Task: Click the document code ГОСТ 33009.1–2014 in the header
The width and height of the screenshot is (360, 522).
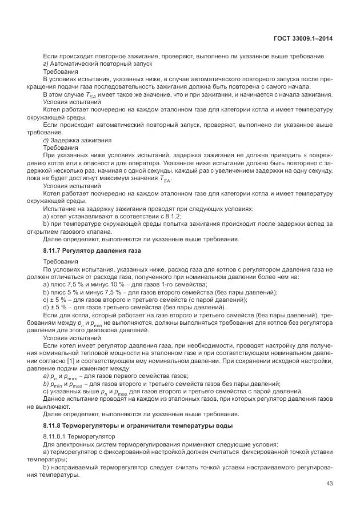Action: pos(303,38)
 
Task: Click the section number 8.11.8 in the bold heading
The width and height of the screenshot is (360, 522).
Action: pos(55,426)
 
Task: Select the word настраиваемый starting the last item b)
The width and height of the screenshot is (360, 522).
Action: pos(75,467)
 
